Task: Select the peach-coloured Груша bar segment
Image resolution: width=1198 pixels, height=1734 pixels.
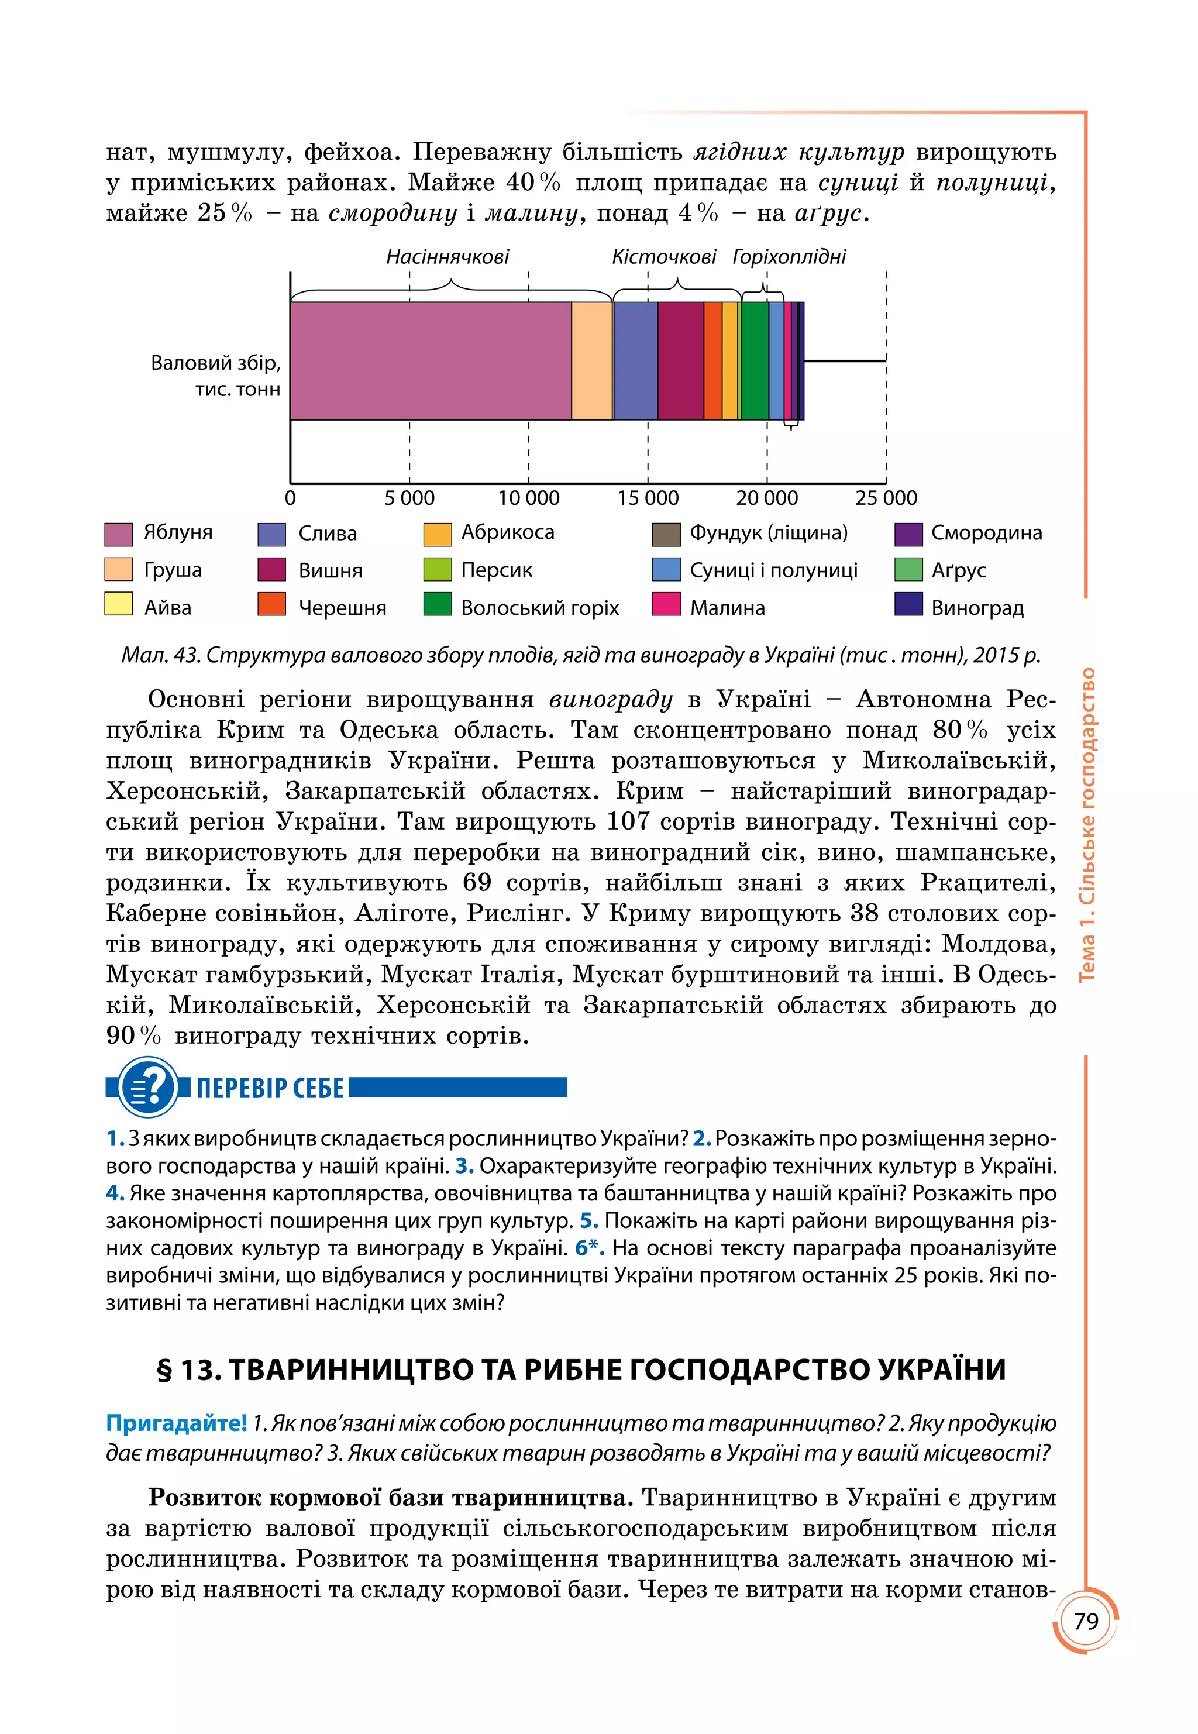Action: [591, 360]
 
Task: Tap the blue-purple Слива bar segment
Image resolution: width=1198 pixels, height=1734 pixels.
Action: [635, 360]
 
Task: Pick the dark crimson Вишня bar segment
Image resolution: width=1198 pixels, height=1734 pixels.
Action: [680, 360]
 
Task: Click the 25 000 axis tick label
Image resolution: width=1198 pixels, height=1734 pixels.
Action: [886, 498]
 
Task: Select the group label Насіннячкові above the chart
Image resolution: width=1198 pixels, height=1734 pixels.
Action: [447, 257]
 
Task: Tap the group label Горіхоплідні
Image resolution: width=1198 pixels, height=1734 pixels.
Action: [789, 257]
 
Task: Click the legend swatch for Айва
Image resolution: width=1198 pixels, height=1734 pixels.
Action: [119, 604]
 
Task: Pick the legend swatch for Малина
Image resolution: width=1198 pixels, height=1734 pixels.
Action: [666, 604]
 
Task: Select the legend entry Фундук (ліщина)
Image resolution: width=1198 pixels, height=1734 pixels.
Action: [768, 533]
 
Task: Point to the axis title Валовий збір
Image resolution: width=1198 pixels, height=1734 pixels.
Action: [215, 363]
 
